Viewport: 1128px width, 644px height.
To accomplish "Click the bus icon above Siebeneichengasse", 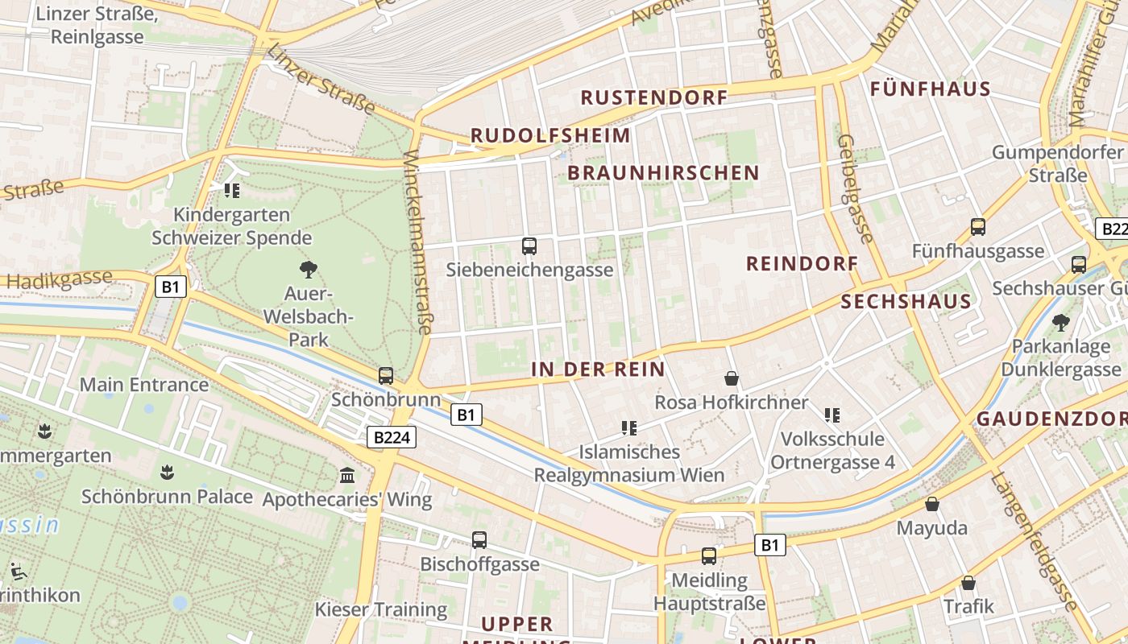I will coord(529,246).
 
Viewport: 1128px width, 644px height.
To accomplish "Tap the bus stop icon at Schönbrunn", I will coord(386,376).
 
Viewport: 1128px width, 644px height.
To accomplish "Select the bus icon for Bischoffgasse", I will coord(479,540).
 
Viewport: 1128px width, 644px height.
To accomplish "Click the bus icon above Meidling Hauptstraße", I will coord(709,555).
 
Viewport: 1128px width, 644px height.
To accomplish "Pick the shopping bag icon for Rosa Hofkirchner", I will coord(732,378).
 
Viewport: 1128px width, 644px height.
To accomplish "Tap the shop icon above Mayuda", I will coord(932,505).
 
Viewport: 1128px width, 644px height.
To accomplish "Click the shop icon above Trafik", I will coord(968,583).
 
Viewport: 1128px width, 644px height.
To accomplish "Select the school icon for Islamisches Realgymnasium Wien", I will coord(629,428).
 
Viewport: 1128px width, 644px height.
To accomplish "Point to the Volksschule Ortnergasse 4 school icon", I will coord(832,415).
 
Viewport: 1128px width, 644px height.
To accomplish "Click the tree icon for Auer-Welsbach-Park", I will coord(308,270).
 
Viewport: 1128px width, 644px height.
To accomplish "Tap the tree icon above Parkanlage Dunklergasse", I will coord(1061,323).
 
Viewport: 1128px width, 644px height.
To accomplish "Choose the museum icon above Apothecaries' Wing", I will coord(347,476).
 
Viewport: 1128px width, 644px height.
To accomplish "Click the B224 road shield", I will coord(392,438).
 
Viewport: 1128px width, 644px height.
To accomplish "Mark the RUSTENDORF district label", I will coord(654,98).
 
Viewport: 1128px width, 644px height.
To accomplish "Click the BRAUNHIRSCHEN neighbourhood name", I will coord(663,173).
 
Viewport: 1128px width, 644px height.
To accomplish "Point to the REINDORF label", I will coord(802,264).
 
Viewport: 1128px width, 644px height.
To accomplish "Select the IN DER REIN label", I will coord(598,369).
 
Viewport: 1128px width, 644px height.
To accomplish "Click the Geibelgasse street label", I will coord(855,188).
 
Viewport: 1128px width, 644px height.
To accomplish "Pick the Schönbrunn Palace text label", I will coord(167,497).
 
